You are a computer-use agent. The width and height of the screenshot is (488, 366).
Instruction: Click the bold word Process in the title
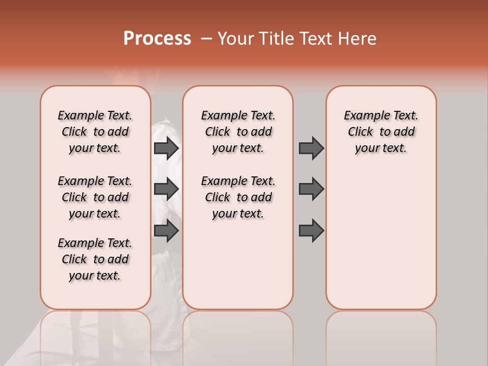click(157, 39)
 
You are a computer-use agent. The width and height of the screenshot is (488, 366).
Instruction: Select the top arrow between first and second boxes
click(166, 148)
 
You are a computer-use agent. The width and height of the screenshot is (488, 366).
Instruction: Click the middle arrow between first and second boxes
click(166, 189)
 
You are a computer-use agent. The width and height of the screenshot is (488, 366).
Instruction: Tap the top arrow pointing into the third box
click(311, 148)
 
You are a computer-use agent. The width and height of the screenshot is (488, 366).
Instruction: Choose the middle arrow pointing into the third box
click(311, 189)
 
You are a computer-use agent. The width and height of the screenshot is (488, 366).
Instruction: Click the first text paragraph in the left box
click(95, 132)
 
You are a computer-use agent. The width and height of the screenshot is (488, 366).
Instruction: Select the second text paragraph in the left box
click(95, 197)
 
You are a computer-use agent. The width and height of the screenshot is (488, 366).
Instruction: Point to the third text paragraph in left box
click(95, 259)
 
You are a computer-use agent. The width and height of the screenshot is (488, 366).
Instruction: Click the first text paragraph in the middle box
click(238, 132)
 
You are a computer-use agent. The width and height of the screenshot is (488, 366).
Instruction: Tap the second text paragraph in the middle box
click(238, 197)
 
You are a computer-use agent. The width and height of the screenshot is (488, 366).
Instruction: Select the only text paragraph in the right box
click(381, 132)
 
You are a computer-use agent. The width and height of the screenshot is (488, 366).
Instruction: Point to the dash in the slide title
click(206, 39)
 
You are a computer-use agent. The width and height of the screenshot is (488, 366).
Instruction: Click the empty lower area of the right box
click(381, 244)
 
